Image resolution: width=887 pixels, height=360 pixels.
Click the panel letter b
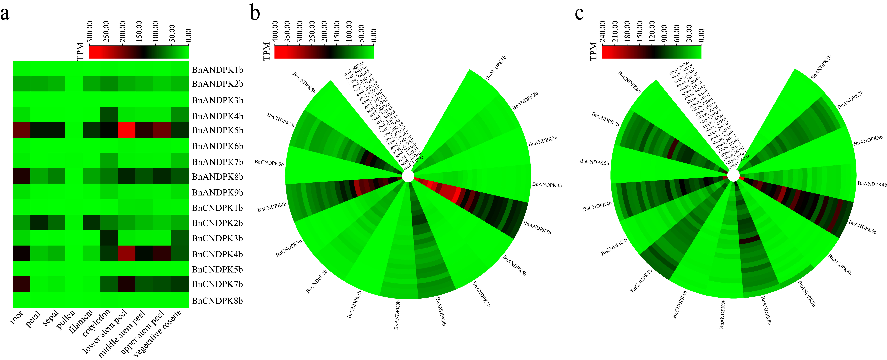[255, 13]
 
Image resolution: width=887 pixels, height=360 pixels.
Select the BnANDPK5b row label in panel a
[217, 130]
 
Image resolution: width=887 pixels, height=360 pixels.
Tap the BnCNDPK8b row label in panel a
[217, 301]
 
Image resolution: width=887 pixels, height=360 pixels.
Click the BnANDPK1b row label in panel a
[217, 70]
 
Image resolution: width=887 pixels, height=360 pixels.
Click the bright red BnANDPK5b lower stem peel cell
[126, 130]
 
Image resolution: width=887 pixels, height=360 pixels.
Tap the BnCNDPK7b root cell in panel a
[21, 284]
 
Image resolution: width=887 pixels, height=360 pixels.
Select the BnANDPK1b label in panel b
[496, 68]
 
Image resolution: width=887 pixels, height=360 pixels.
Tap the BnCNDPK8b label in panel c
[629, 82]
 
